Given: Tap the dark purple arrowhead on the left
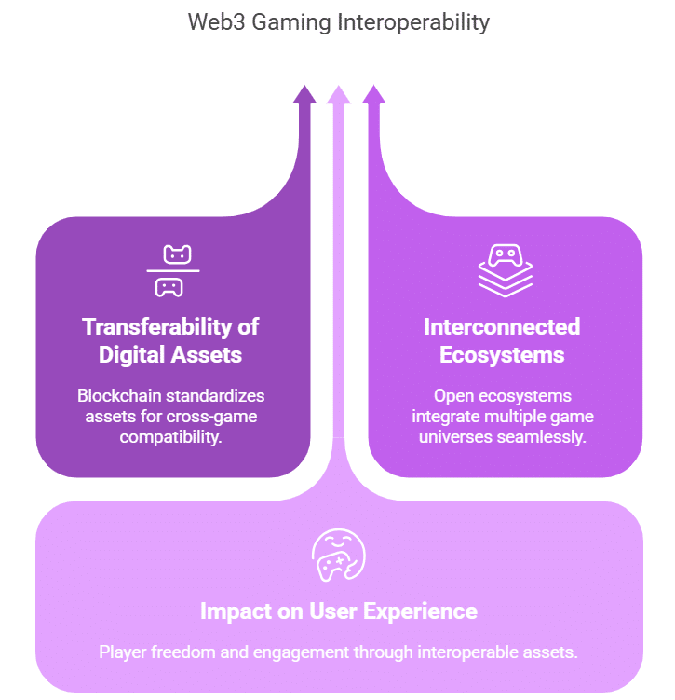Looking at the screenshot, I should tap(304, 95).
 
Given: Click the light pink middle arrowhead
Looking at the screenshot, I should tap(339, 95).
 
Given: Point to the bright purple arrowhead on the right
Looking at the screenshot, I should tap(373, 95).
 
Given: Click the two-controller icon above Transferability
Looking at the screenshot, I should tap(172, 269).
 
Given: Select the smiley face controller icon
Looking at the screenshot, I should tap(338, 556).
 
